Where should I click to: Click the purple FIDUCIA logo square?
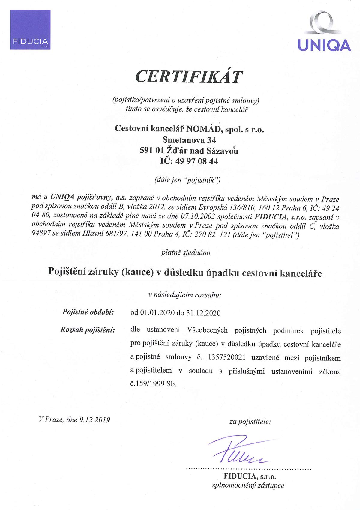point(30,30)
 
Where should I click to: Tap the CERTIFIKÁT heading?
point(189,77)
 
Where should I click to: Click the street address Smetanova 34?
point(189,140)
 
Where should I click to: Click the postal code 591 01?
point(151,151)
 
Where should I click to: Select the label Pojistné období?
point(88,312)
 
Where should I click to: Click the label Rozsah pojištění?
point(88,330)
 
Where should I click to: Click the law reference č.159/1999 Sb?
point(153,384)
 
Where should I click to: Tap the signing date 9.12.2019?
point(95,419)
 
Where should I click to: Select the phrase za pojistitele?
point(250,422)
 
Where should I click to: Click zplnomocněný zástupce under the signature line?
point(248,485)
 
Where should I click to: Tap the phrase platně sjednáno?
point(186,252)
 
